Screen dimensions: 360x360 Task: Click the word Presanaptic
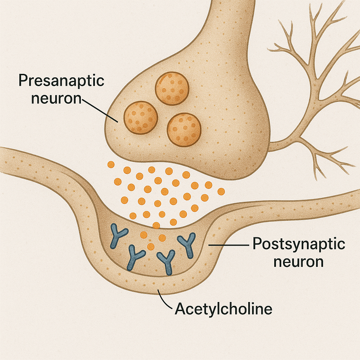point(61,81)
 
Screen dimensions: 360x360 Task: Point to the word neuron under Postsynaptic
point(298,262)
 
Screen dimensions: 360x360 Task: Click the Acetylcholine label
point(224,309)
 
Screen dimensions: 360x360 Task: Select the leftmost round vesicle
point(141,118)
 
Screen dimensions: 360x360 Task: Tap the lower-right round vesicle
point(184,129)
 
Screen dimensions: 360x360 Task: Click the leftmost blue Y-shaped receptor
point(116,236)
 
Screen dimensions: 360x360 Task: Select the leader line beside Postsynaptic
point(228,244)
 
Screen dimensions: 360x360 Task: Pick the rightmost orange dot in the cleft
point(221,191)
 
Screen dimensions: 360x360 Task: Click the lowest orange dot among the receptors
point(150,246)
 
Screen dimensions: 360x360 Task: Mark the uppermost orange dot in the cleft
point(111,164)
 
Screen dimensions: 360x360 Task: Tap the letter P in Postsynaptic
point(257,244)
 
